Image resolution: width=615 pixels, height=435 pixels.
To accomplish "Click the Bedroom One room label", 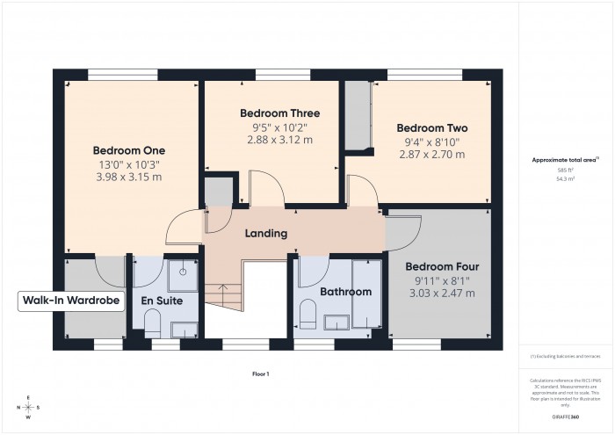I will [x=129, y=150].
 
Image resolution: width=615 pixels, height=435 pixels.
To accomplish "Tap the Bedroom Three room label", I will [x=280, y=113].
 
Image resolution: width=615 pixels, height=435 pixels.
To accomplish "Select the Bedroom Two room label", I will [x=430, y=127].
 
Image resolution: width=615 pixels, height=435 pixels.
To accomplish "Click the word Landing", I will [x=265, y=233].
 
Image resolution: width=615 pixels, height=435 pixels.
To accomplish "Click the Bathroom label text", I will [x=345, y=292].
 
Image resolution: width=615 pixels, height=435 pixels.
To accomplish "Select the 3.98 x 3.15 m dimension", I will [x=129, y=177].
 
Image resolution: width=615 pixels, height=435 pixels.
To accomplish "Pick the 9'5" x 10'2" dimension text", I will [x=280, y=127].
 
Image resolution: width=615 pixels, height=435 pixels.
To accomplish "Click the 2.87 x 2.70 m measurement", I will [x=430, y=153].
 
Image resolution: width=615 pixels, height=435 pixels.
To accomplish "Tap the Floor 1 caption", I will [x=260, y=374].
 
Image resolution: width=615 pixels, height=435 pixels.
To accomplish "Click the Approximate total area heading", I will [x=565, y=160].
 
